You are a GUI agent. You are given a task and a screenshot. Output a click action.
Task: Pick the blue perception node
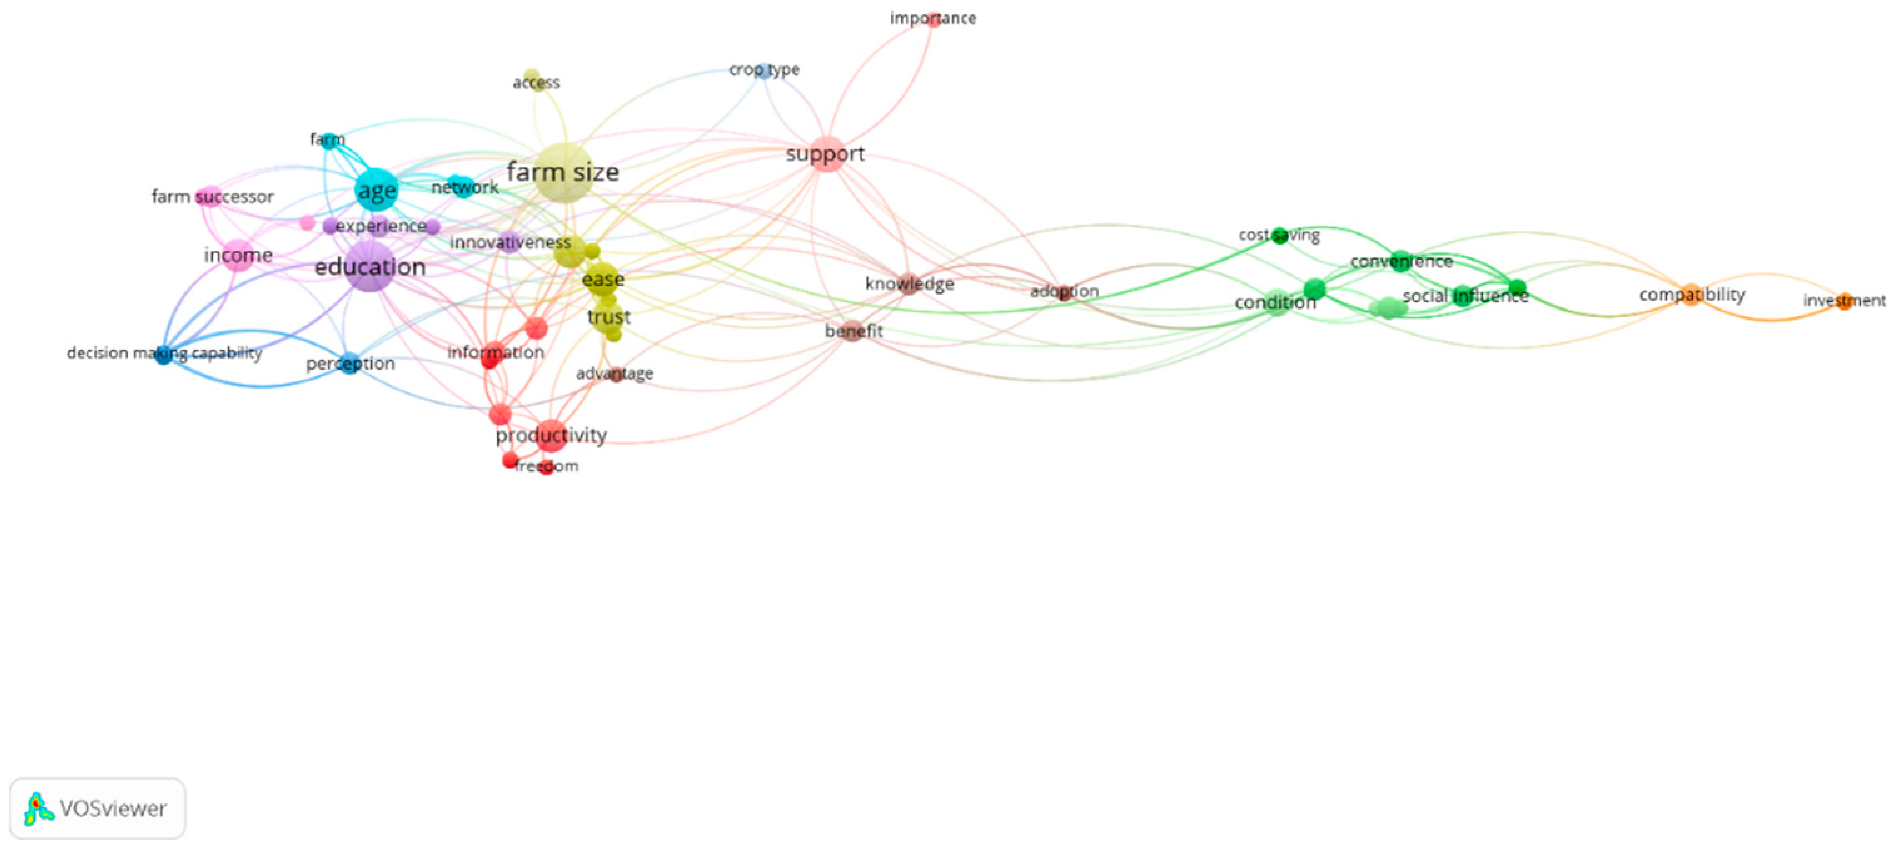[350, 363]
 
